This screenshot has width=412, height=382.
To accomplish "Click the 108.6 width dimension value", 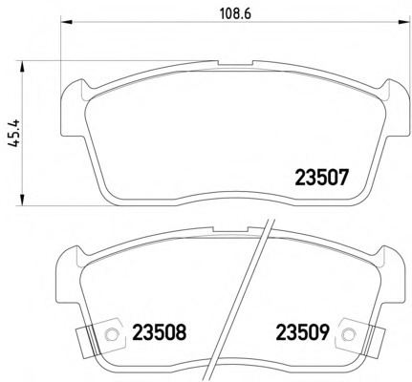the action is (236, 13).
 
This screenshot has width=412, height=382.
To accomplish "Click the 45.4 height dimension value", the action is (14, 133).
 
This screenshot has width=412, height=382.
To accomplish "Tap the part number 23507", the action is (321, 178).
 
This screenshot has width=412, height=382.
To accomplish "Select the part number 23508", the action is (159, 332).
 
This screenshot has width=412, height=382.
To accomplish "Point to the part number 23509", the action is (302, 332).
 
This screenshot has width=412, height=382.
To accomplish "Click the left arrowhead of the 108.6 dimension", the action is (67, 22).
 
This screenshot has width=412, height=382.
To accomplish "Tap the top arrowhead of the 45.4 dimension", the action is (22, 67).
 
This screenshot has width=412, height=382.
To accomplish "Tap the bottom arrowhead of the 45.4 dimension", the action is (22, 200).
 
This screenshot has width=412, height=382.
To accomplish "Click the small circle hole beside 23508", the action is (111, 334).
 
